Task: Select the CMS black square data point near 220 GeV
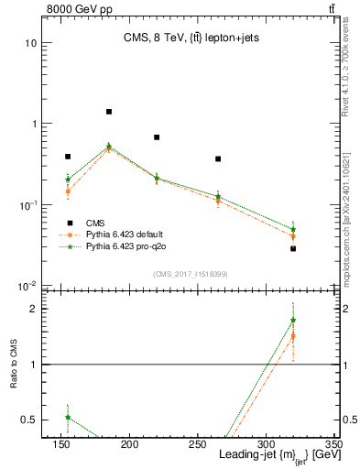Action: (x=157, y=137)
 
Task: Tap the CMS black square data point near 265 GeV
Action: (x=218, y=159)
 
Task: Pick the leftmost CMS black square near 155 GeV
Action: (x=68, y=157)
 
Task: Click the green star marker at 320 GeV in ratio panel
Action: (x=293, y=321)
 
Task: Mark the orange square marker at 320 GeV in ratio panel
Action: (x=293, y=336)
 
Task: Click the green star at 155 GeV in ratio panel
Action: (x=68, y=417)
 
